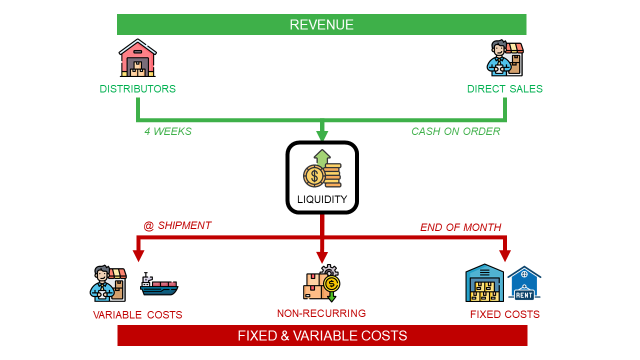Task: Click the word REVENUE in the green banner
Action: pos(322,25)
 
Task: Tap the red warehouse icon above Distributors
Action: pos(138,58)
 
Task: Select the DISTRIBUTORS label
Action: pos(138,89)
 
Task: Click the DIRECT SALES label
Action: pos(505,89)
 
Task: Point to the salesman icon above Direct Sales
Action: pos(505,58)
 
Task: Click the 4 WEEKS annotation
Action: pos(168,131)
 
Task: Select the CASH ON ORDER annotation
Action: pos(456,131)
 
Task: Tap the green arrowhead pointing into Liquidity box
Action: pos(322,135)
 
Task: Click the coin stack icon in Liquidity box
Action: pos(322,169)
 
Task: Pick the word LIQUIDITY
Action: pos(322,199)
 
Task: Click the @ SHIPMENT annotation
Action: pos(177,226)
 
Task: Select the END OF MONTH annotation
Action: pos(461,227)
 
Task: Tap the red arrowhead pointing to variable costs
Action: pos(138,256)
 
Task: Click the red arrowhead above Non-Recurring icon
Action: pos(322,257)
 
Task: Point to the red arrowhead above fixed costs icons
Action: pos(505,256)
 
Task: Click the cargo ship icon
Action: pos(159,284)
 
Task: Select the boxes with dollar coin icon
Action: pos(322,283)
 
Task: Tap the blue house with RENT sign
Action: pos(524,282)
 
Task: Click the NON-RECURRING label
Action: pos(322,313)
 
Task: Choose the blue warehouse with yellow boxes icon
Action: pos(484,283)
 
